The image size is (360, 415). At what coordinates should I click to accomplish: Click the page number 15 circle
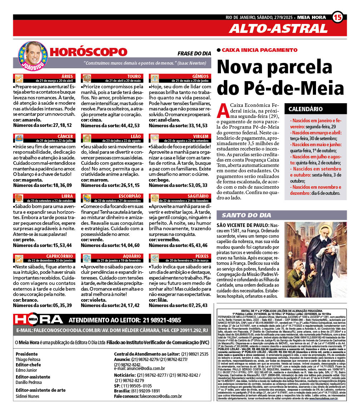338,17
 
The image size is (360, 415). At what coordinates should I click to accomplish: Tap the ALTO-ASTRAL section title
278,29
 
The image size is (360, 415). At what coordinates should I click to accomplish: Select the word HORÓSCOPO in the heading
88,52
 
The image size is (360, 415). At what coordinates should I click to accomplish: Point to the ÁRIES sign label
67,76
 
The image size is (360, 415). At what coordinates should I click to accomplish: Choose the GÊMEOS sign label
200,76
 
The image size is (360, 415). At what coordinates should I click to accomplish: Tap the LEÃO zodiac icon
86,138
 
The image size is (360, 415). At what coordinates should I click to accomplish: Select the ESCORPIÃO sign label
130,196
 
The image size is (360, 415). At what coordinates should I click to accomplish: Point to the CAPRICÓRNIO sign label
60,256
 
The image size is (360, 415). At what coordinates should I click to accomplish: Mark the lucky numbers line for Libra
43,245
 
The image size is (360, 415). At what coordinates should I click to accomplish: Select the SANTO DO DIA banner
281,215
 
